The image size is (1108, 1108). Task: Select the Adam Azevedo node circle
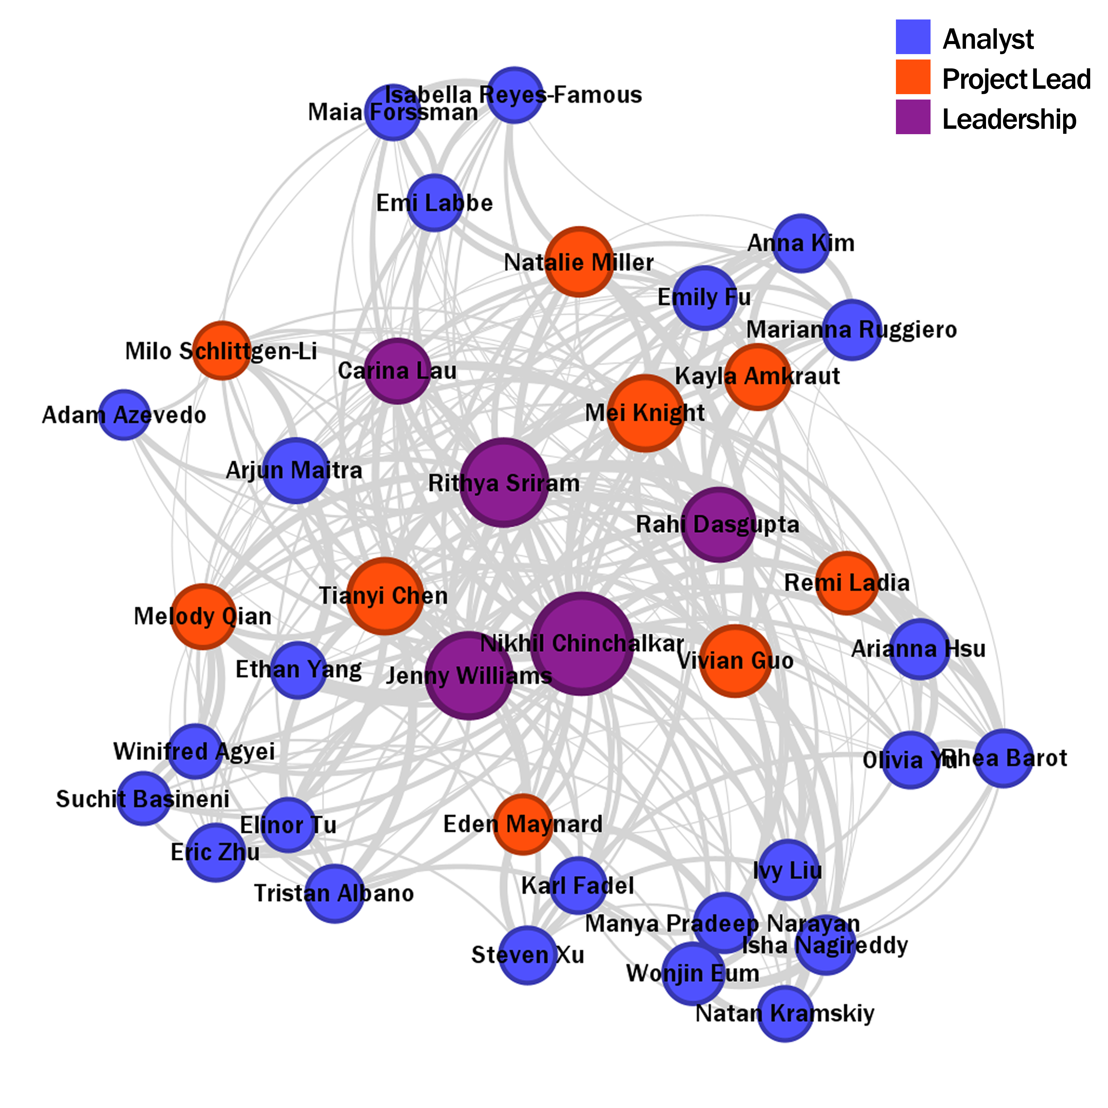(x=124, y=415)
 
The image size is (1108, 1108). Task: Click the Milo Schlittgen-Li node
(x=221, y=350)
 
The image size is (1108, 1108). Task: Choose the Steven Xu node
(x=527, y=955)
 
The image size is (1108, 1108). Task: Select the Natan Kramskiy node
(x=785, y=1013)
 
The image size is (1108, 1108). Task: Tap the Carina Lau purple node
(x=397, y=371)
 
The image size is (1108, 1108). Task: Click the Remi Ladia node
(x=846, y=583)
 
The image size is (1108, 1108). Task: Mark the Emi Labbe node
(x=435, y=202)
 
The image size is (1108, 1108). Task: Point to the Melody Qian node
(x=202, y=616)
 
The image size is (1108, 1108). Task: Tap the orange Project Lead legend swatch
(x=913, y=77)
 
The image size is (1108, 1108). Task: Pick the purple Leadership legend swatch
(x=913, y=117)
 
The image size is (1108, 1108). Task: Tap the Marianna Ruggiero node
(x=852, y=330)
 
